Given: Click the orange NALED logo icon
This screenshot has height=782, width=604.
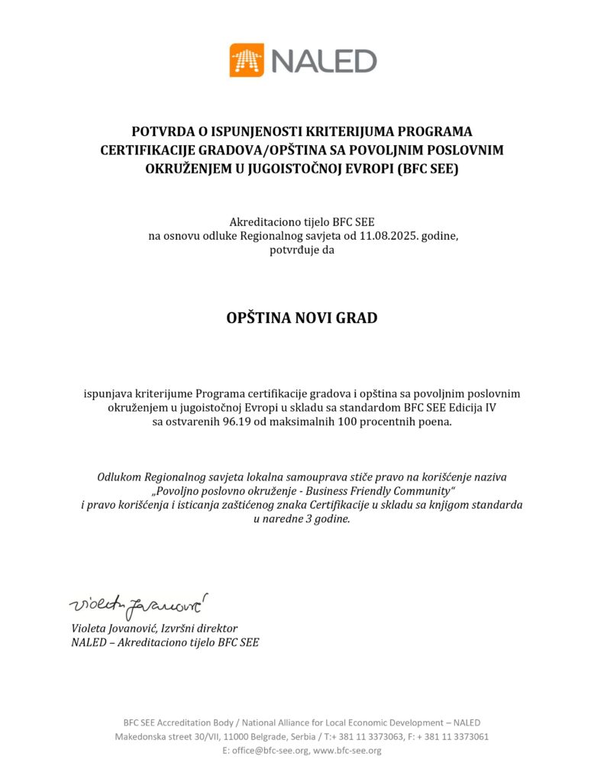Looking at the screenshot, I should click(x=247, y=60).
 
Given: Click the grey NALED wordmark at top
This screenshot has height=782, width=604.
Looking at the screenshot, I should click(x=324, y=60).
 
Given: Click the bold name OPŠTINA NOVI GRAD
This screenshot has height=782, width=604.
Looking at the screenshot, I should click(x=302, y=318).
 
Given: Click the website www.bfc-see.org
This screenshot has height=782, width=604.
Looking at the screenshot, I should click(x=347, y=751).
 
